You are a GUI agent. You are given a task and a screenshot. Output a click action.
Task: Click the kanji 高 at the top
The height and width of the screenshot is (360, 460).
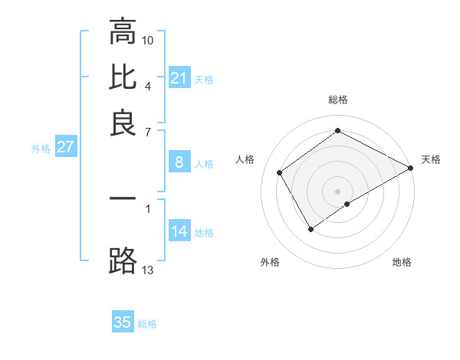(x=123, y=32)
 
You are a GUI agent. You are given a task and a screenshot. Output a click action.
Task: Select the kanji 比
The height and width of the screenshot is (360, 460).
(x=123, y=77)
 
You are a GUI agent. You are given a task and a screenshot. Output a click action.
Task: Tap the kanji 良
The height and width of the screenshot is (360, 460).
(x=123, y=123)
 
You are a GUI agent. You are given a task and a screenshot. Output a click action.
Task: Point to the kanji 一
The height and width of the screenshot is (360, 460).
(x=123, y=198)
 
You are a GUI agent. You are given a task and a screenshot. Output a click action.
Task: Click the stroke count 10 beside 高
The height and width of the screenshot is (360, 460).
(x=148, y=39)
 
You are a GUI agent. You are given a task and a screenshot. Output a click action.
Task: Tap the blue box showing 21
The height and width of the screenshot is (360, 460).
(x=179, y=77)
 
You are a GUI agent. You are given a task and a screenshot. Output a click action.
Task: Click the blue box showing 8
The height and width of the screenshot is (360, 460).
(x=179, y=162)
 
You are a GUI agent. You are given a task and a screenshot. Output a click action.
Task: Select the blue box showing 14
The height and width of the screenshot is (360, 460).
(x=179, y=231)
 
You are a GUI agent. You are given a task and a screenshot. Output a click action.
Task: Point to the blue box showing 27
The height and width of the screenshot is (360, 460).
(x=65, y=147)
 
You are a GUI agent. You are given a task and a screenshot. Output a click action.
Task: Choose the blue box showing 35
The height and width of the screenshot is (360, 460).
(x=123, y=322)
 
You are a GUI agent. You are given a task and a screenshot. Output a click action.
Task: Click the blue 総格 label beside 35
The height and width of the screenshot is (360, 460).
(x=147, y=324)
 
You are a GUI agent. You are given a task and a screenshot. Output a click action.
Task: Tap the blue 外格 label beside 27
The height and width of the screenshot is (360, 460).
(x=41, y=149)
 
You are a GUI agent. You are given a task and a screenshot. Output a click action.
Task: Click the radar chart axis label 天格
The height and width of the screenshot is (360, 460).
(x=431, y=159)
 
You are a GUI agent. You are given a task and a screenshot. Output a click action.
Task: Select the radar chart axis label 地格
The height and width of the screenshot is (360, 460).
(x=402, y=262)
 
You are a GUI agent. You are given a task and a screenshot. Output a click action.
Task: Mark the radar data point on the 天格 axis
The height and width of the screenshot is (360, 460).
(x=411, y=168)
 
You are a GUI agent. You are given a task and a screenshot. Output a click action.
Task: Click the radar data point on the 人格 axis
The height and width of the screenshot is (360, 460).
(x=280, y=173)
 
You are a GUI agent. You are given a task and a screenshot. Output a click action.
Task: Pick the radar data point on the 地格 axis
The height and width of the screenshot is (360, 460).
(x=347, y=204)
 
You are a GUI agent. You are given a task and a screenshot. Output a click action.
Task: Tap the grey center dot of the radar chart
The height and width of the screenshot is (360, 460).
(x=337, y=191)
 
